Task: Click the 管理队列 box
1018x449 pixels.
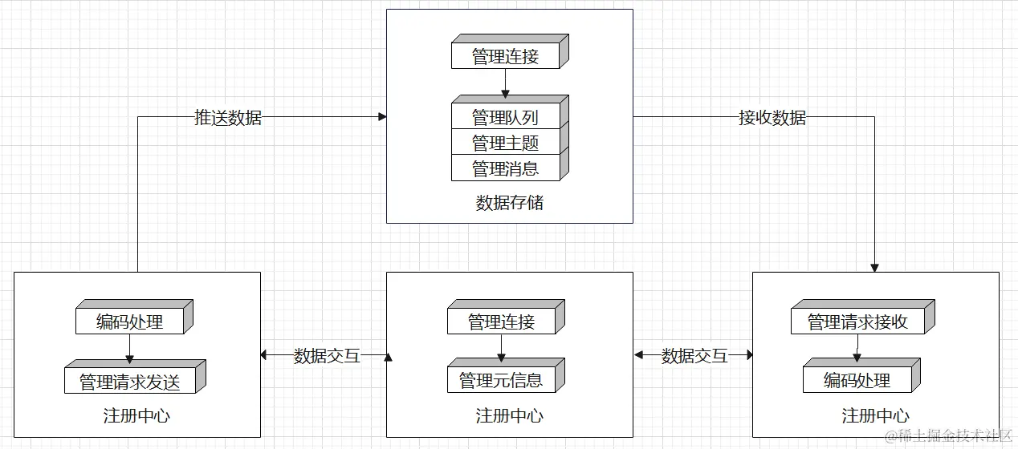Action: pyautogui.click(x=505, y=117)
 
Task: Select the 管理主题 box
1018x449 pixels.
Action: pyautogui.click(x=505, y=143)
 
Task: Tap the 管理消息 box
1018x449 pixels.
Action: pyautogui.click(x=505, y=168)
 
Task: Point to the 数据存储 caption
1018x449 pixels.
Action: pyautogui.click(x=509, y=203)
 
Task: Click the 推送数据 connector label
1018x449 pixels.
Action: pyautogui.click(x=228, y=117)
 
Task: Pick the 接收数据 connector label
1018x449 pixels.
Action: pyautogui.click(x=772, y=117)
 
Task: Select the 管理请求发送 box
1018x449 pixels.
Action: pyautogui.click(x=130, y=382)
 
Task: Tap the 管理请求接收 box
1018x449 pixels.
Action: pyautogui.click(x=857, y=322)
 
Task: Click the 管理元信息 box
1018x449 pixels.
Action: pyautogui.click(x=501, y=380)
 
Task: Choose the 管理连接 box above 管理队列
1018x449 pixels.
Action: pyautogui.click(x=505, y=56)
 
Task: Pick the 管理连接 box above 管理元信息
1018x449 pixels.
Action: pyautogui.click(x=501, y=322)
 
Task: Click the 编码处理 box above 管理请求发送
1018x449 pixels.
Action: pyautogui.click(x=130, y=322)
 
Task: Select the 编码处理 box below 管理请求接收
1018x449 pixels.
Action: pyautogui.click(x=857, y=380)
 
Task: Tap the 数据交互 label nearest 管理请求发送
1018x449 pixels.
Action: pyautogui.click(x=327, y=356)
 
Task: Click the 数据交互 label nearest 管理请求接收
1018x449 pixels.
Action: pyautogui.click(x=694, y=356)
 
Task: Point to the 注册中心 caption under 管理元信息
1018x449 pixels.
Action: pyautogui.click(x=509, y=416)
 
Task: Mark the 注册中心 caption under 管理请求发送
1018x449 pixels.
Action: pyautogui.click(x=136, y=416)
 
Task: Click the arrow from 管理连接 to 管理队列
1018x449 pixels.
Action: pyautogui.click(x=505, y=83)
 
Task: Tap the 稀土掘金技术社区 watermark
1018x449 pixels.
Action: pyautogui.click(x=948, y=435)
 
